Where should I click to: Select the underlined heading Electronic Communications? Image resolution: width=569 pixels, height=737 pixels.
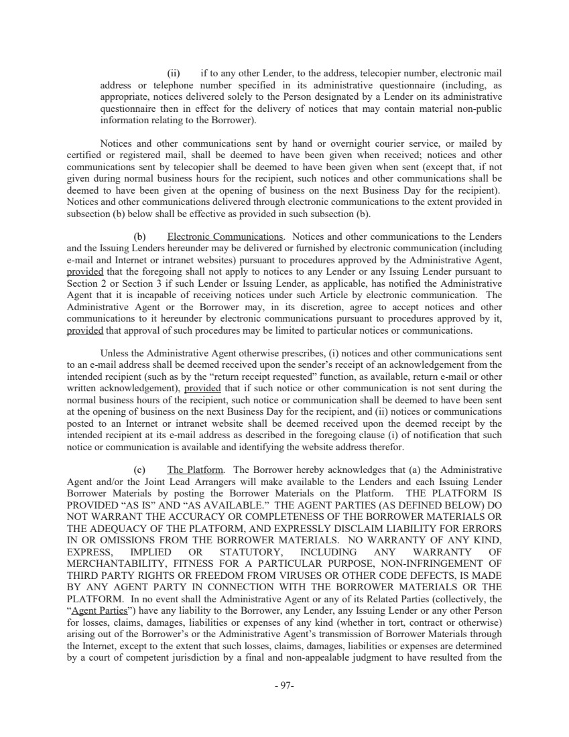tap(225, 237)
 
